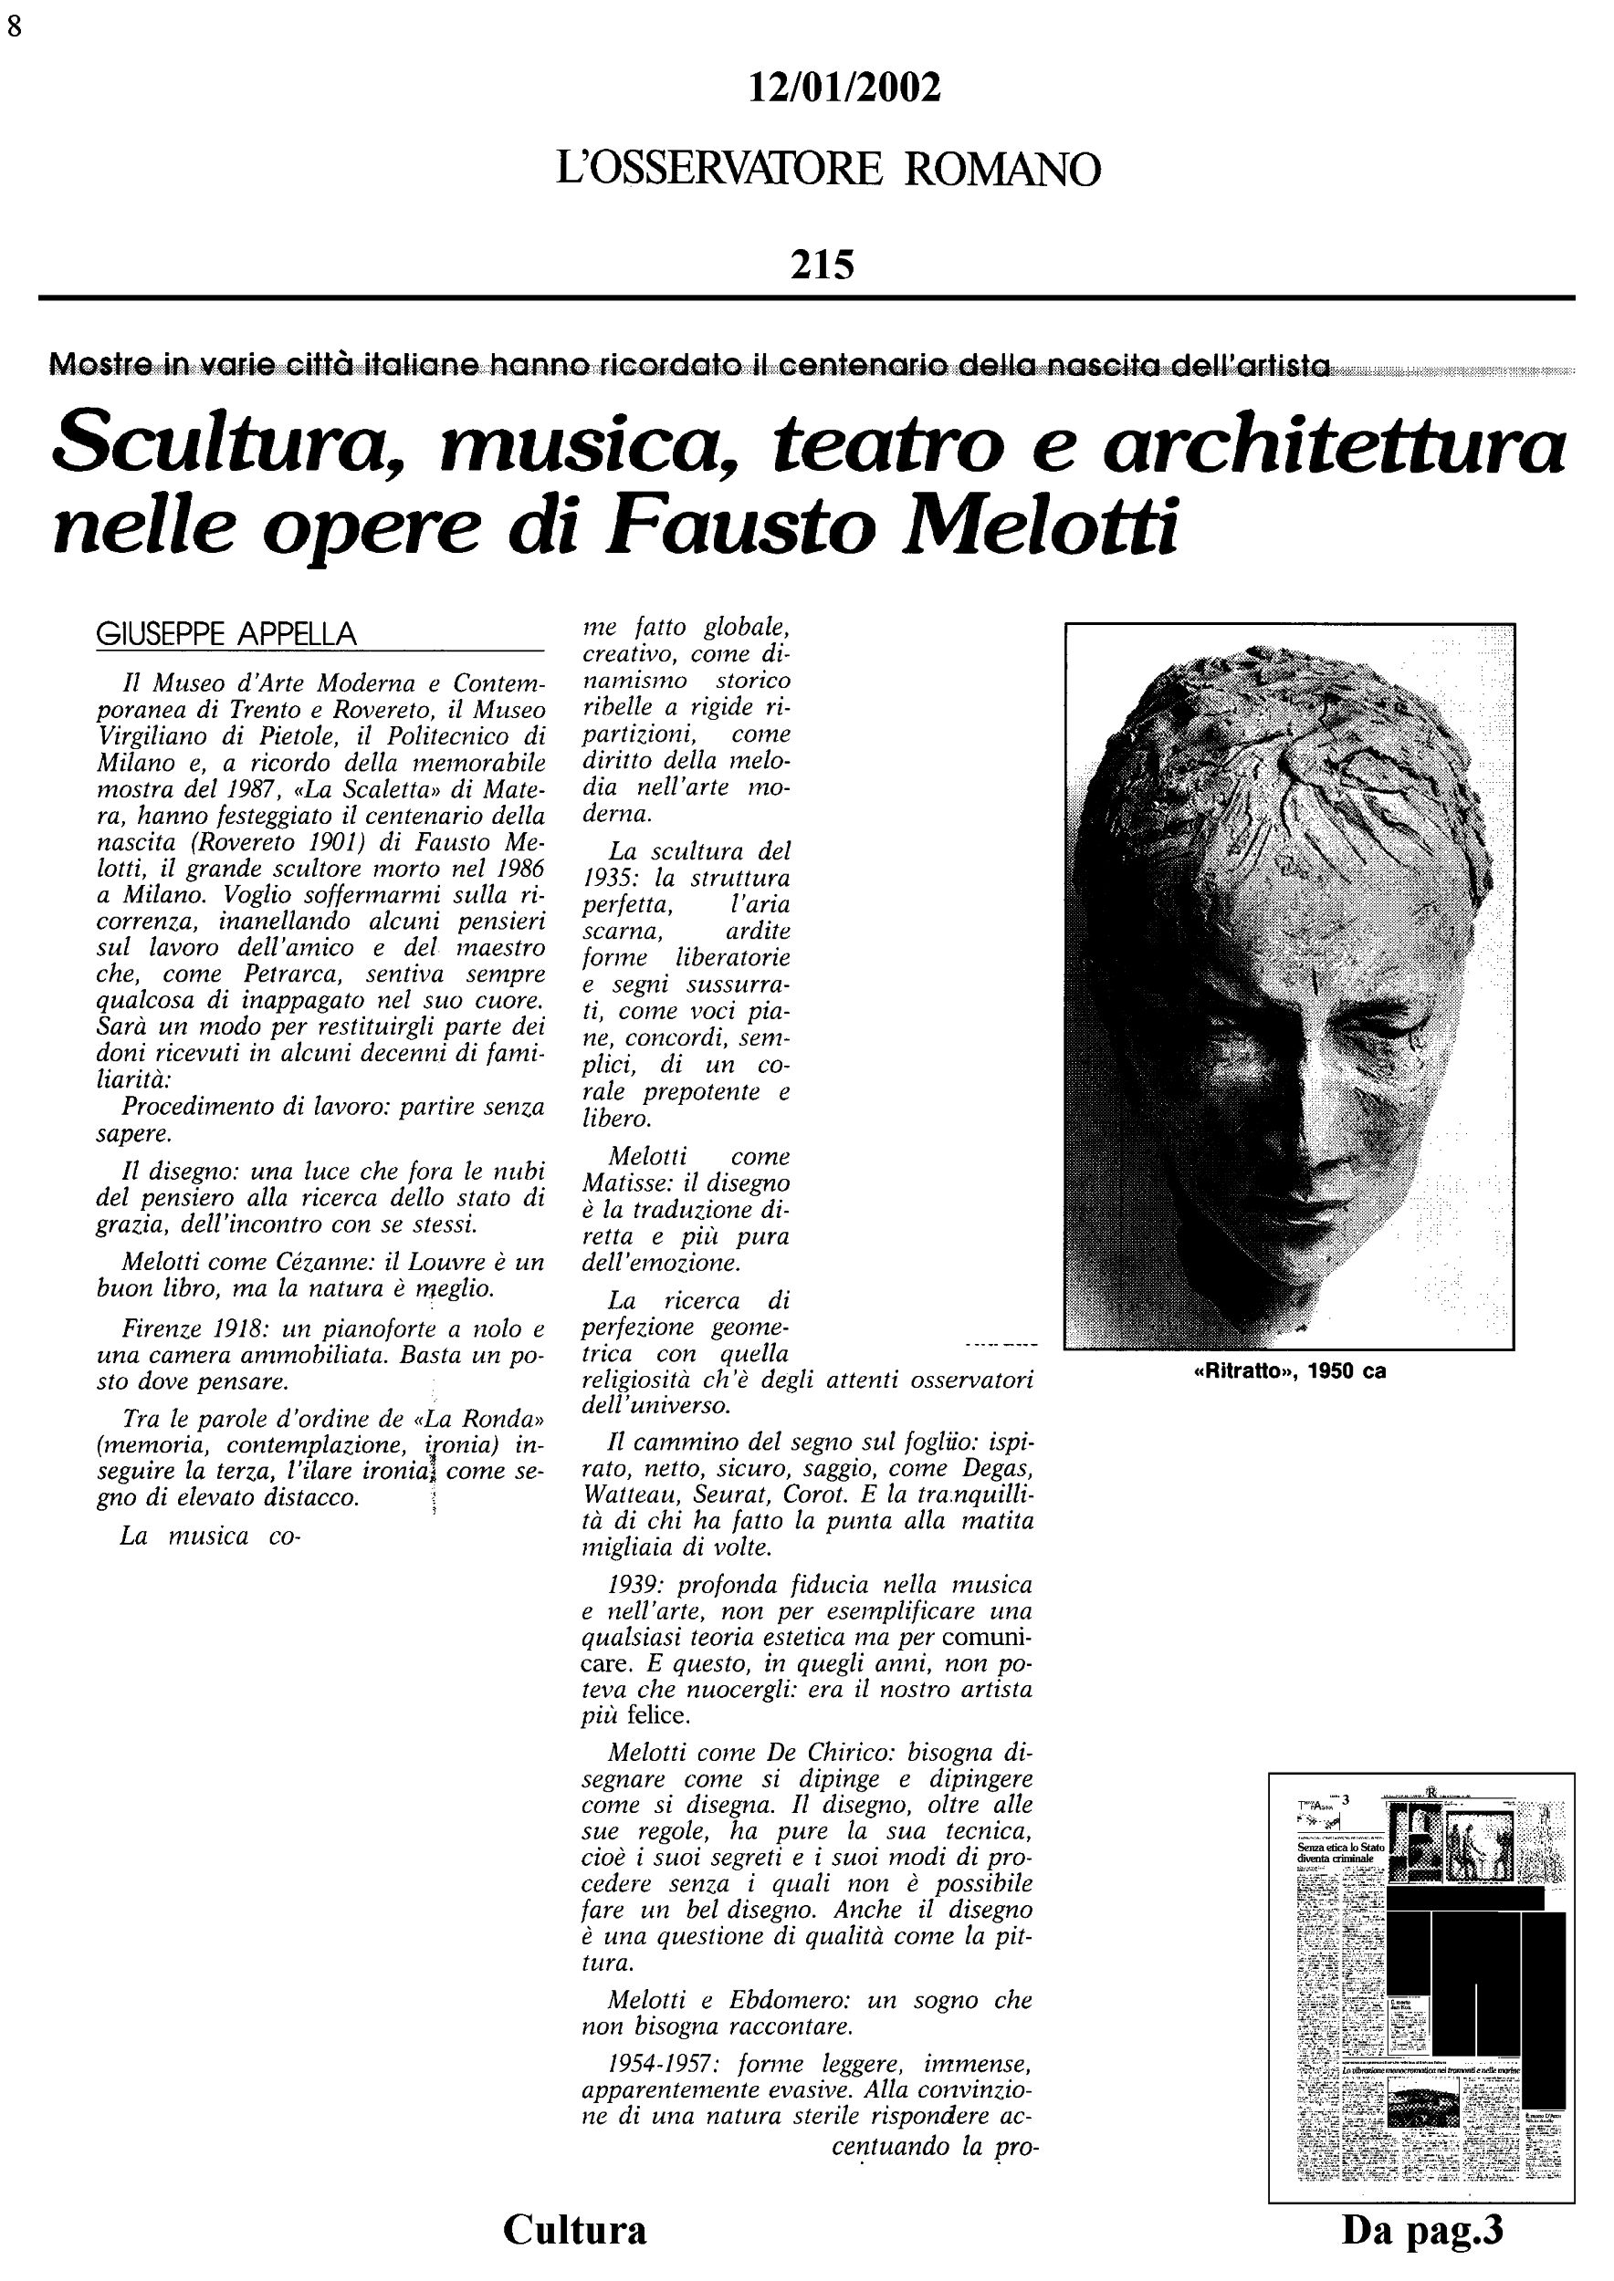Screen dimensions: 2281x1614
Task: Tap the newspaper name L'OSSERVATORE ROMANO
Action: tap(828, 170)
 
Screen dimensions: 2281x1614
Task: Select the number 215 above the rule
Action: tap(822, 266)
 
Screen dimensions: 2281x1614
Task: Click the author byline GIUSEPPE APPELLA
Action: tap(226, 634)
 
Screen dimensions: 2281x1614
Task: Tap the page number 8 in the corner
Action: tap(14, 26)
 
